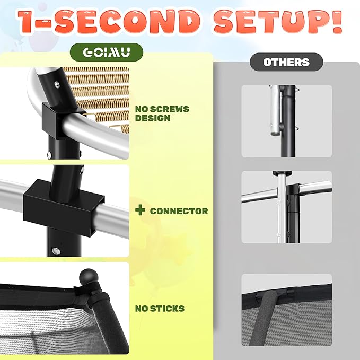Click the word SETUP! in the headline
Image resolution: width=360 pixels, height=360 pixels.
pyautogui.click(x=278, y=21)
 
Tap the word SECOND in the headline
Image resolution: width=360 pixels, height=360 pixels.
pyautogui.click(x=127, y=21)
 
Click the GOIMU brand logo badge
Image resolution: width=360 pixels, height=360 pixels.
pyautogui.click(x=107, y=52)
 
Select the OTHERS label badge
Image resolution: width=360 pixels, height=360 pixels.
pyautogui.click(x=286, y=62)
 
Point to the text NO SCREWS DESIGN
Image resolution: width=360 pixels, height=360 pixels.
pyautogui.click(x=162, y=113)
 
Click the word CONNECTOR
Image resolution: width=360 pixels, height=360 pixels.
pyautogui.click(x=179, y=211)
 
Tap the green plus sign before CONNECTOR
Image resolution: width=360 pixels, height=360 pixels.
pyautogui.click(x=141, y=210)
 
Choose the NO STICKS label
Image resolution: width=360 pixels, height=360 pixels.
pyautogui.click(x=160, y=309)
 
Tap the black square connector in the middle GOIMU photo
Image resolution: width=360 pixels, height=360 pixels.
pyautogui.click(x=63, y=208)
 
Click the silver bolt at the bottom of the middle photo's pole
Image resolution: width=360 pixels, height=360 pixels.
pyautogui.click(x=56, y=250)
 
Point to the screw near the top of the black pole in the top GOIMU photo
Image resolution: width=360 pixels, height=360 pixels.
pyautogui.click(x=57, y=84)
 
